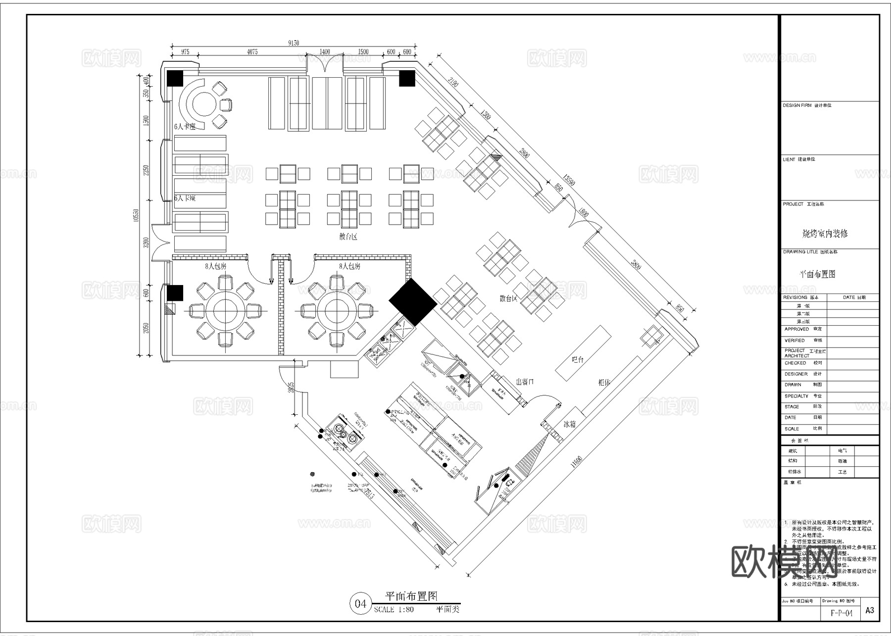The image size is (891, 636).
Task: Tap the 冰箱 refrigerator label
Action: tap(569, 424)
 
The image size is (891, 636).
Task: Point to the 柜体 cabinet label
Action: tap(604, 382)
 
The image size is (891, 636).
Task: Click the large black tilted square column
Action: tap(412, 302)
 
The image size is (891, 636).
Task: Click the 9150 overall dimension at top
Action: tap(294, 43)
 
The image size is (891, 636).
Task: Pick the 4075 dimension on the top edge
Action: tap(252, 52)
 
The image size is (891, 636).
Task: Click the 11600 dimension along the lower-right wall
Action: tap(576, 462)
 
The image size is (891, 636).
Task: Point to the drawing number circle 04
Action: tap(360, 603)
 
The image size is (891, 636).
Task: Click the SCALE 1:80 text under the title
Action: tap(394, 609)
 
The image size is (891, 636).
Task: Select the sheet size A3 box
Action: tap(870, 610)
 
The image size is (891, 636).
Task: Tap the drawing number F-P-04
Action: tap(841, 613)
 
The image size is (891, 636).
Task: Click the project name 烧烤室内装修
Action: tap(825, 233)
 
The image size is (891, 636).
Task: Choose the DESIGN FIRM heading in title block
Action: tap(797, 105)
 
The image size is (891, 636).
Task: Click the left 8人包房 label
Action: tap(216, 266)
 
